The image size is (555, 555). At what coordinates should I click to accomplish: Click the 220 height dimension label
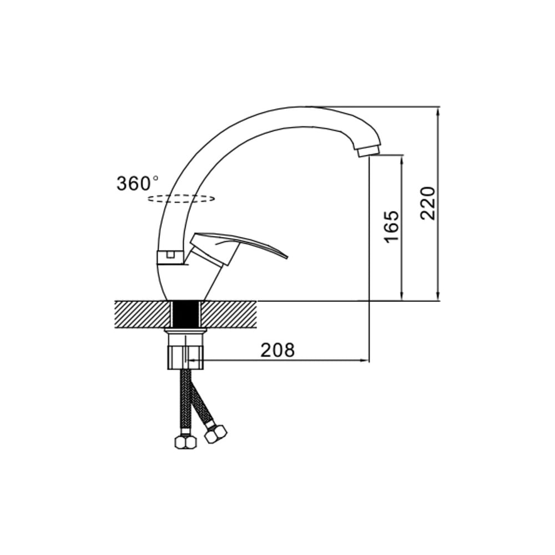[x=427, y=203]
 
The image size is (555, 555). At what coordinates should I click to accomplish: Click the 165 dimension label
[x=391, y=226]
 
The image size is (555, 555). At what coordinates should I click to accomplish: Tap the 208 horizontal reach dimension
[x=277, y=350]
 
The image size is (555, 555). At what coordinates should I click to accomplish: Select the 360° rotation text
[x=138, y=184]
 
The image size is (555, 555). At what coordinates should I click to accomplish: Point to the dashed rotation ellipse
[x=181, y=199]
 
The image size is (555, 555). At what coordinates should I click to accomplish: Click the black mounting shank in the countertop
[x=186, y=314]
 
